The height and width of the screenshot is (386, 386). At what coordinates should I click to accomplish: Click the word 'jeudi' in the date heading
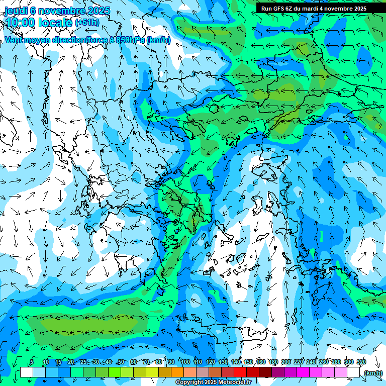click(x=15, y=11)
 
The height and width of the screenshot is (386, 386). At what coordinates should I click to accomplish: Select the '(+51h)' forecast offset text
click(x=86, y=23)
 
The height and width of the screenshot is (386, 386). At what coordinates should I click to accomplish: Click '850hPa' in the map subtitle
click(x=130, y=40)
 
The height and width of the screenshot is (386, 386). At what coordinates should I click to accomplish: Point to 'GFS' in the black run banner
click(x=280, y=9)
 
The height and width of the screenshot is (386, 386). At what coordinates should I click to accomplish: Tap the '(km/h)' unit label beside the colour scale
click(x=373, y=373)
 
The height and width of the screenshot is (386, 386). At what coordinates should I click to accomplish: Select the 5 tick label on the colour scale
click(x=32, y=362)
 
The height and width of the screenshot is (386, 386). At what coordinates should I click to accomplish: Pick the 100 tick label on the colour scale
click(x=185, y=362)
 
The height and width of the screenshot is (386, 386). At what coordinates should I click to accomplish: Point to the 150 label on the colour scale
click(x=248, y=362)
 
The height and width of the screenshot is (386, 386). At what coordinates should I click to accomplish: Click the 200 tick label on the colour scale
click(x=286, y=362)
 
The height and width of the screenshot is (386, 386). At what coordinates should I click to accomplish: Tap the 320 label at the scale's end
click(x=361, y=362)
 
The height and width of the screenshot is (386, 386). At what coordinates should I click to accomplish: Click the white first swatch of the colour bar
click(x=27, y=372)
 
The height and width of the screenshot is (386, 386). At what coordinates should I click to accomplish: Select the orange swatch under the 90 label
click(x=177, y=372)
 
